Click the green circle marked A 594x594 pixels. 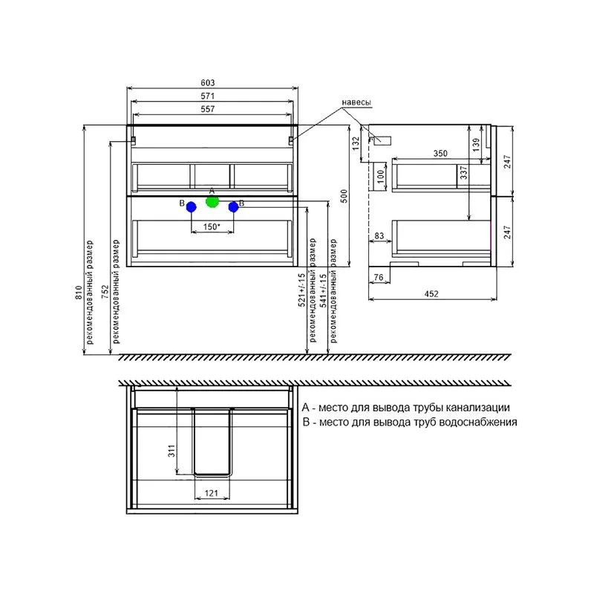pos(212,201)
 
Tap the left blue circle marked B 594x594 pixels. pos(192,207)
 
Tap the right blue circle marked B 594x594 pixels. pos(233,207)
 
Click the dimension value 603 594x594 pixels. pos(208,82)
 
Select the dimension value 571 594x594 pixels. pos(208,96)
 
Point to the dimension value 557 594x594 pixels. pos(208,109)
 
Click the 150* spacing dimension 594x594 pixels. pos(212,227)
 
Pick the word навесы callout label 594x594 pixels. pos(356,102)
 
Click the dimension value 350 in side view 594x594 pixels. pos(440,154)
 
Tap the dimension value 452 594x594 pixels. pos(431,293)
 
